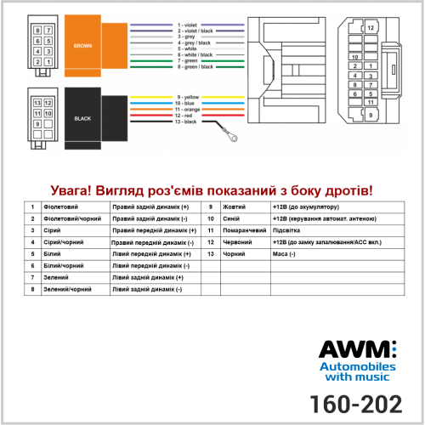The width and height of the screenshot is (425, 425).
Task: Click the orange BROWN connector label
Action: [x=82, y=46]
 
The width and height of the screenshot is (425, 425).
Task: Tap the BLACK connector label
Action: [x=82, y=119]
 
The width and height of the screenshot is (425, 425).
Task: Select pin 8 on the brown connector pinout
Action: [x=37, y=31]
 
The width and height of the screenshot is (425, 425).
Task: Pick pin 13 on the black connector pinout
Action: [x=37, y=103]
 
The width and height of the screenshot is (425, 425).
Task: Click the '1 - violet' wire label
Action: [x=187, y=25]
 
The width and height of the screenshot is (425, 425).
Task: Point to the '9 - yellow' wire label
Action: [x=188, y=97]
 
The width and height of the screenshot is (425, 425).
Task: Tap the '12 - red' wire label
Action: [x=184, y=116]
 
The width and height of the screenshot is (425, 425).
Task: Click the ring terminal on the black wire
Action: [x=233, y=138]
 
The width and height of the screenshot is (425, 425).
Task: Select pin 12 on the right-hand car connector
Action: [x=371, y=28]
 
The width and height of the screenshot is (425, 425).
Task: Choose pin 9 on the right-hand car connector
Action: [x=371, y=115]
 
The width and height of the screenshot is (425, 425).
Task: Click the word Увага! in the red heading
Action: [x=71, y=190]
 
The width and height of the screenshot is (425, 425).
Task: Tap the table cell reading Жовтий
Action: [x=234, y=207]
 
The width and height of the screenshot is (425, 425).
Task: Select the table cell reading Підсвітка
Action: [x=286, y=230]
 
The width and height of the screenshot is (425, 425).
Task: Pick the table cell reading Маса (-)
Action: [x=284, y=254]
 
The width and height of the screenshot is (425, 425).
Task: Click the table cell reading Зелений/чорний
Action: [x=67, y=289]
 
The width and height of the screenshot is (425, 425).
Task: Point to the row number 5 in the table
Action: [x=32, y=254]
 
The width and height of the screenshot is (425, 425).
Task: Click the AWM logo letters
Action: [x=358, y=349]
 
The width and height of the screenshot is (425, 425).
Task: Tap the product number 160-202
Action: [x=356, y=404]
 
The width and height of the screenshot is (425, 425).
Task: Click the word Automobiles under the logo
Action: [x=358, y=367]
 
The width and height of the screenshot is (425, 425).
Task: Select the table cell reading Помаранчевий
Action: [x=245, y=230]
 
